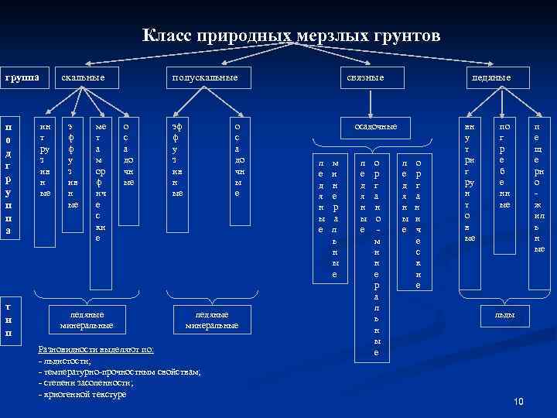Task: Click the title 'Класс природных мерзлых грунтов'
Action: click(x=292, y=36)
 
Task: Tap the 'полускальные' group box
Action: click(x=204, y=78)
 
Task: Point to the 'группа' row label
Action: click(x=23, y=78)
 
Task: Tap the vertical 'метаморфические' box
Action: click(x=100, y=183)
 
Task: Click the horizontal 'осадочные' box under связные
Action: click(x=375, y=126)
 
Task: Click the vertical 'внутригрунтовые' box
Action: click(x=469, y=183)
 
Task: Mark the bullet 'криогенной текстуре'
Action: click(x=84, y=395)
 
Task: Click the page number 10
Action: click(x=518, y=401)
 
